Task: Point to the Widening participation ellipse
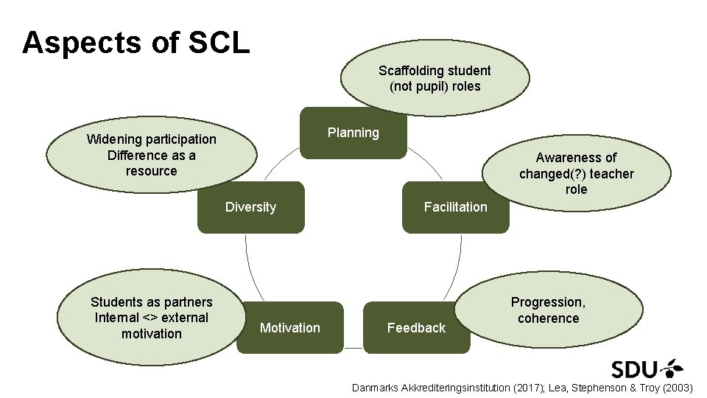click(x=152, y=155)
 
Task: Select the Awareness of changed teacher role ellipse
click(x=576, y=173)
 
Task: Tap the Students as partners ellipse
click(x=152, y=318)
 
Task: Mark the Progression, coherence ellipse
click(x=549, y=310)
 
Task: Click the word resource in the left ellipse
click(x=152, y=171)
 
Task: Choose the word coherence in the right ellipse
click(x=549, y=318)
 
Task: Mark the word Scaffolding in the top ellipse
click(x=407, y=71)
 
